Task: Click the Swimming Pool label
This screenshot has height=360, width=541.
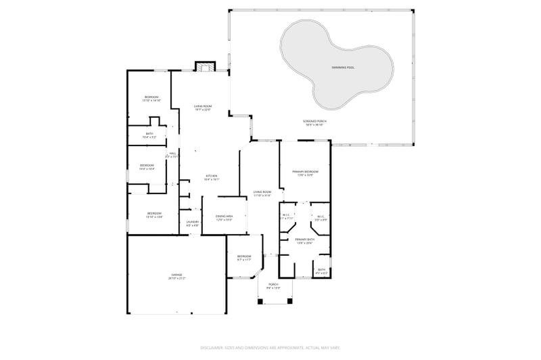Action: (x=343, y=68)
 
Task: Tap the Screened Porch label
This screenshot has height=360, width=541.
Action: (x=315, y=122)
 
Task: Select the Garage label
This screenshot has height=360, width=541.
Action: (x=176, y=275)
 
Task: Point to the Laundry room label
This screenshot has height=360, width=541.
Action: (x=192, y=223)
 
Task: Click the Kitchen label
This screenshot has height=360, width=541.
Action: (x=212, y=177)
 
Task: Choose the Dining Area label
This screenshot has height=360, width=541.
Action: (x=224, y=217)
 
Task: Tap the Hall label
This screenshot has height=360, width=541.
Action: (x=172, y=154)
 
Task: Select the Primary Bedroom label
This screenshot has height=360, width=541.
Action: (x=305, y=173)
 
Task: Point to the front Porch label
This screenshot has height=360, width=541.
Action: (x=273, y=286)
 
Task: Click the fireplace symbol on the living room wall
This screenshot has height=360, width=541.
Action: (x=205, y=66)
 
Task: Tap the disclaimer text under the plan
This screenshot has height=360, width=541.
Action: (x=270, y=346)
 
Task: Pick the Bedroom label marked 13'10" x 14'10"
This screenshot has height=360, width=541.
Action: (x=151, y=99)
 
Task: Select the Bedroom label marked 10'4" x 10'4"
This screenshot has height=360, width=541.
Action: (x=147, y=167)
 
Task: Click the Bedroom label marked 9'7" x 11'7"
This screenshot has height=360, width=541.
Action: (x=243, y=257)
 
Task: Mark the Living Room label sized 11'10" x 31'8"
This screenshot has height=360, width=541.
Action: (x=262, y=194)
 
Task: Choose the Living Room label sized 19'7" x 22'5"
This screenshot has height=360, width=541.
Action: (x=203, y=108)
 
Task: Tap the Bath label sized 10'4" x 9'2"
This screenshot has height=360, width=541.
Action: (x=149, y=135)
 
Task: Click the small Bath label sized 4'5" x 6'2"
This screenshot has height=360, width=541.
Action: (x=321, y=271)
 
